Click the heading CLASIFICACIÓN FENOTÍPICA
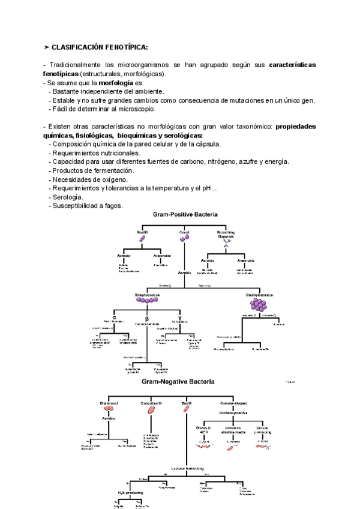click(x=99, y=47)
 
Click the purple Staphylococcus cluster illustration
click(x=259, y=305)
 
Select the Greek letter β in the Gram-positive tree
click(x=146, y=319)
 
